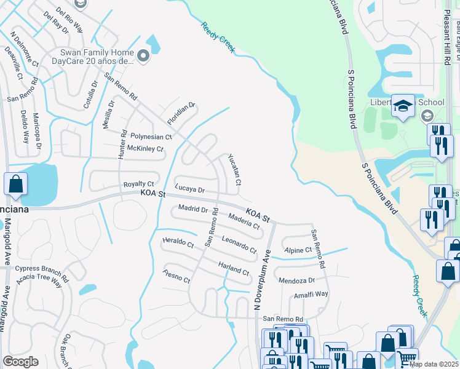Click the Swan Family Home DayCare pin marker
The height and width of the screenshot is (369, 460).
tap(143, 57)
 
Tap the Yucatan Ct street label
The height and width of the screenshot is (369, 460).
tap(234, 170)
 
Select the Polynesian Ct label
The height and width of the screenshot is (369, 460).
tap(151, 137)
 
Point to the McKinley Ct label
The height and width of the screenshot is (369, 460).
tap(145, 149)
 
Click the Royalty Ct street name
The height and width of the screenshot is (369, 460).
tap(138, 184)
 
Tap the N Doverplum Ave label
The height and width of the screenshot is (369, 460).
tap(263, 279)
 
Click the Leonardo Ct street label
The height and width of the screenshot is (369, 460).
tap(239, 245)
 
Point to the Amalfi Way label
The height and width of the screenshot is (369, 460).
tap(311, 295)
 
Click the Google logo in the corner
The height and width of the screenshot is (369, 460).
tap(20, 362)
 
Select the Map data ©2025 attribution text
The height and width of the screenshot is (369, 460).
tap(434, 364)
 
